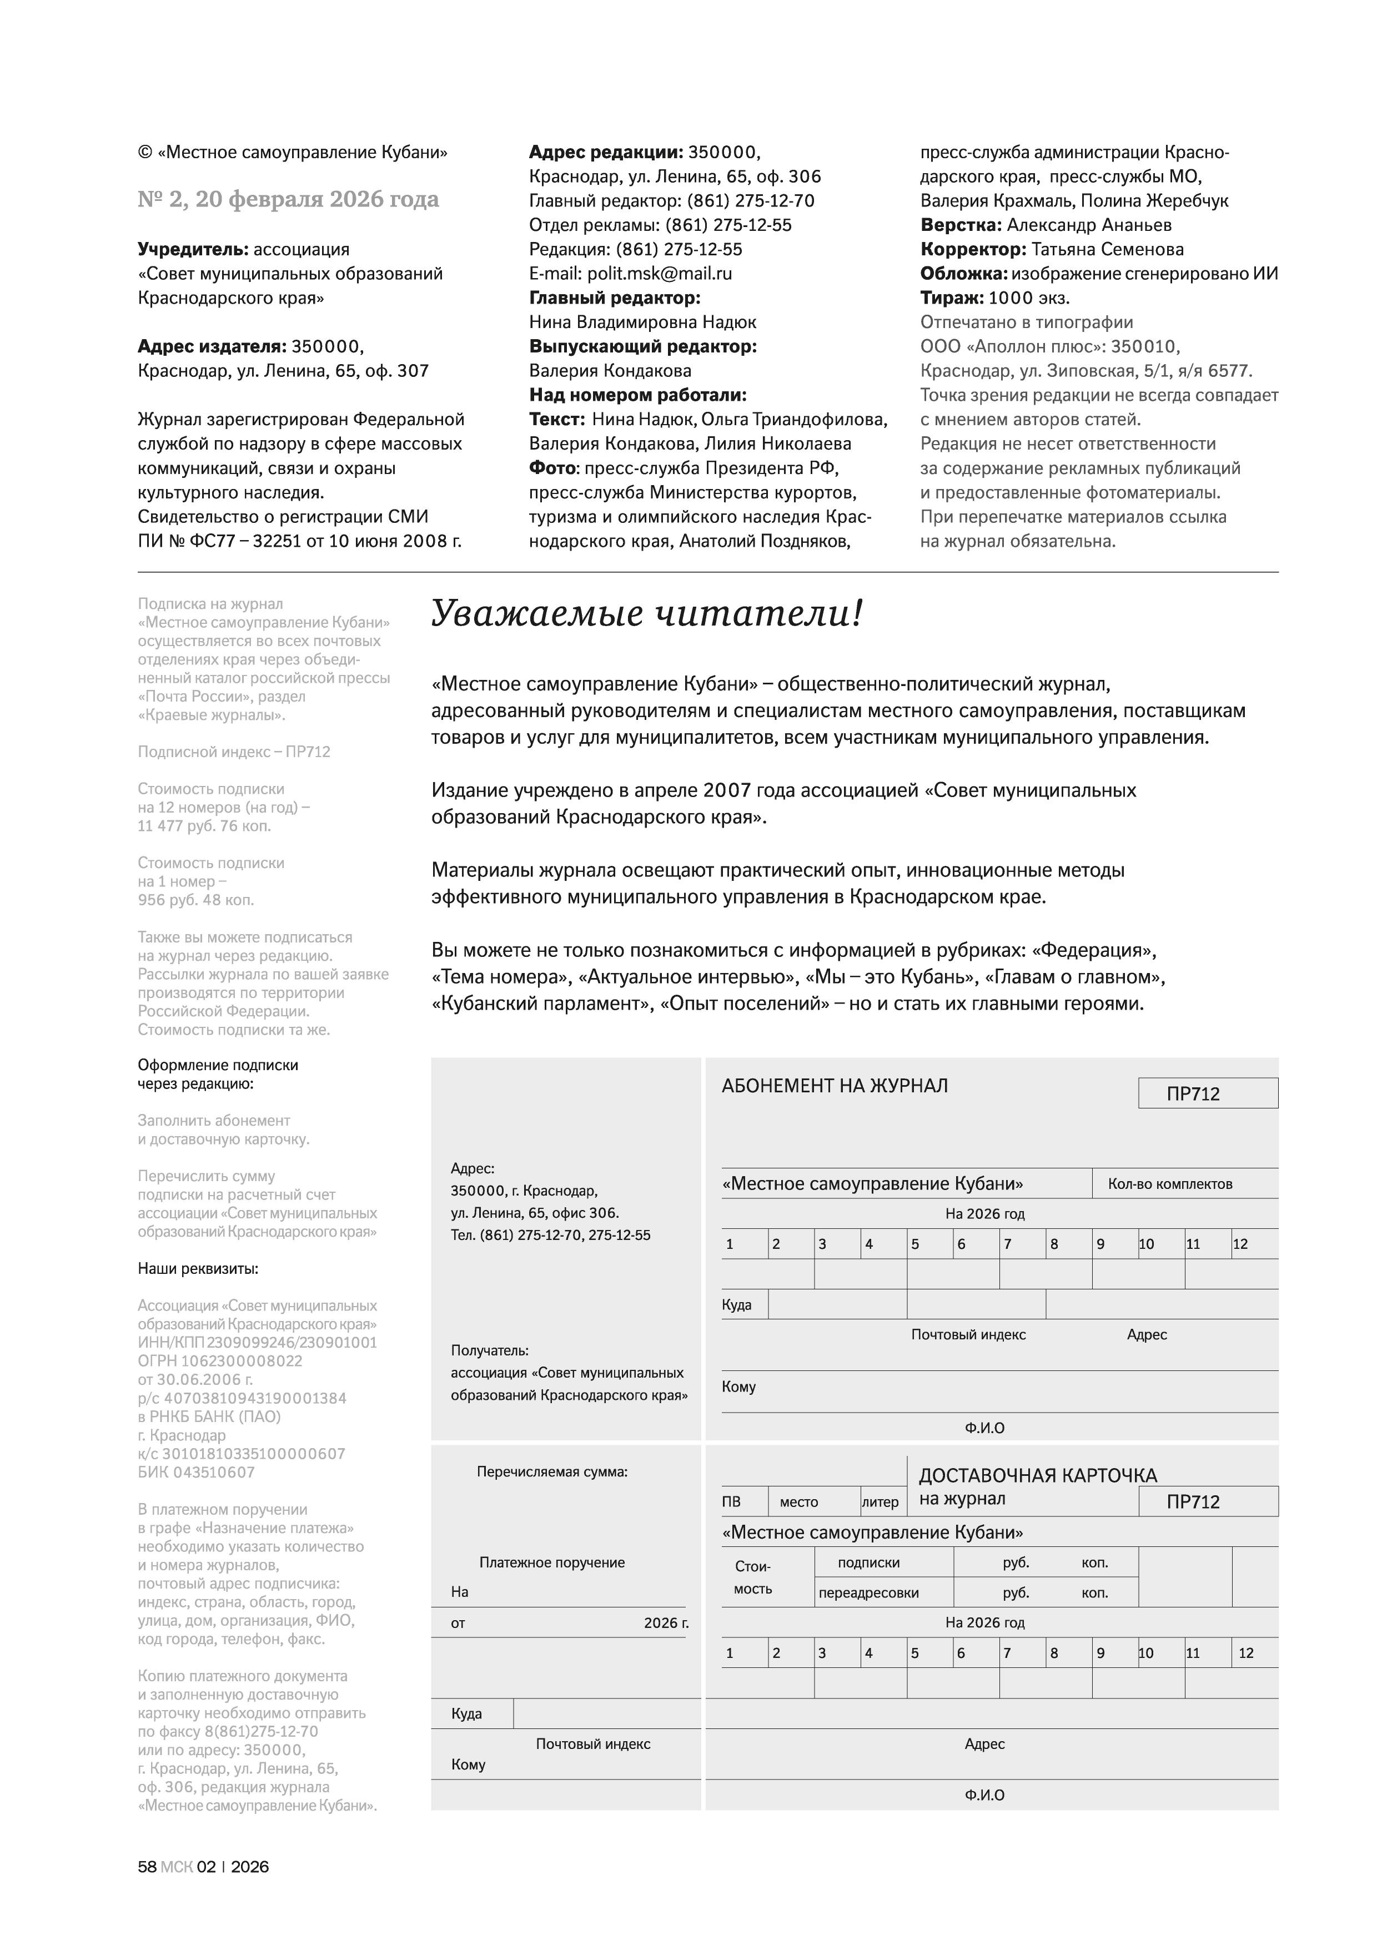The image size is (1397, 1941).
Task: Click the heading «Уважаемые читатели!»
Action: [x=646, y=614]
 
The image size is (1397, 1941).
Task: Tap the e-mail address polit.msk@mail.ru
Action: [x=659, y=274]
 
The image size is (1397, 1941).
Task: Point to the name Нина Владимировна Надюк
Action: [x=642, y=322]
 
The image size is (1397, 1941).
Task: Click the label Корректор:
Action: [x=972, y=249]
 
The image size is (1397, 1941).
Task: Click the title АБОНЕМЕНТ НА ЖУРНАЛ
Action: [x=834, y=1086]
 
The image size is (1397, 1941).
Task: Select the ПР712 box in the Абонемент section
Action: [x=1207, y=1094]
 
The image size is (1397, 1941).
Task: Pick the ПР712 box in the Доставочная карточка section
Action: [x=1207, y=1502]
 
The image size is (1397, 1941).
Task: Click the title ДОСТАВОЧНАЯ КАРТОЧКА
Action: [x=1037, y=1475]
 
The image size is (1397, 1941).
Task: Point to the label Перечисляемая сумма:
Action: [x=552, y=1472]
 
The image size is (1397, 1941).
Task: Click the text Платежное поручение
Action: [x=552, y=1562]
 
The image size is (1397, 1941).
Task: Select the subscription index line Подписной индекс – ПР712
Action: [x=234, y=752]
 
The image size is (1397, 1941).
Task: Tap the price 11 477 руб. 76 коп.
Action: [x=204, y=826]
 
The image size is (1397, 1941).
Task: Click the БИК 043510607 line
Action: [x=196, y=1473]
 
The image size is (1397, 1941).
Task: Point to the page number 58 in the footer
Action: [x=147, y=1867]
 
